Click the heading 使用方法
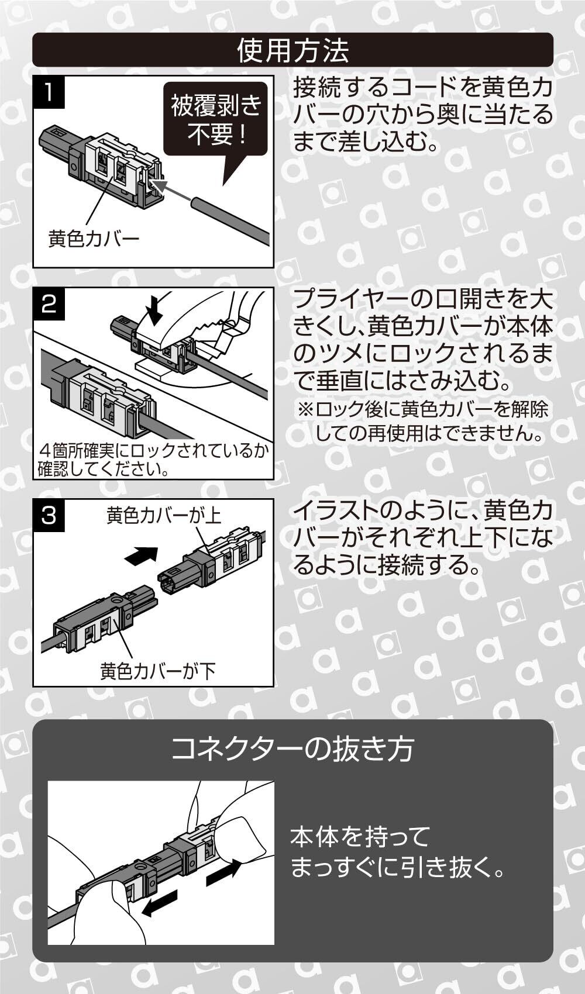point(292,50)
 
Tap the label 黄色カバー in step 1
point(94,239)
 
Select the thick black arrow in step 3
point(142,555)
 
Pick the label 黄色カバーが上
point(164,516)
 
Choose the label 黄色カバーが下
point(158,671)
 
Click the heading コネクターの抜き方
point(292,749)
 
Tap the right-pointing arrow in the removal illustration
point(223,871)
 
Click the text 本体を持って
point(360,837)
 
